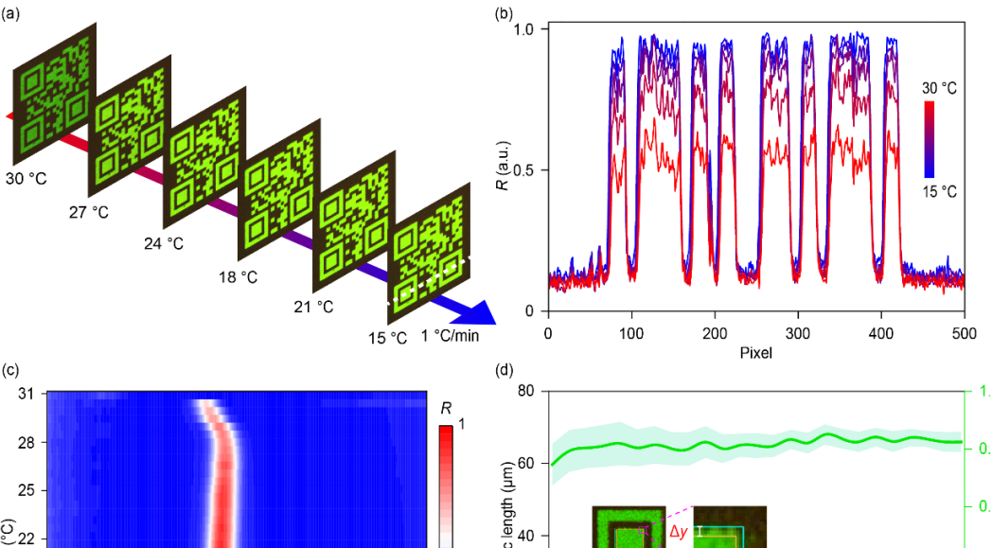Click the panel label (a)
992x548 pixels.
[x=11, y=13]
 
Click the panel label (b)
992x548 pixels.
[x=505, y=13]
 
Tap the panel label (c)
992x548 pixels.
[x=11, y=370]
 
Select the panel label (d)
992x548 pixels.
[x=505, y=370]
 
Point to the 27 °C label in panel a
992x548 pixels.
[x=89, y=213]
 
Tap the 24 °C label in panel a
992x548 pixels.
[x=163, y=243]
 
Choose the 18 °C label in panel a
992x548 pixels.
[x=237, y=277]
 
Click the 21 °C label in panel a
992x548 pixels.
[x=312, y=307]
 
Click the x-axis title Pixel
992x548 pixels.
[x=755, y=354]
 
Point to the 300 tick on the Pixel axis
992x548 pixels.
[x=797, y=332]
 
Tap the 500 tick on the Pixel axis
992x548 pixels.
[x=964, y=332]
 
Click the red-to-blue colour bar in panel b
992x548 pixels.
[x=930, y=139]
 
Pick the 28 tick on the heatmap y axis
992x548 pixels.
[x=27, y=442]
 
